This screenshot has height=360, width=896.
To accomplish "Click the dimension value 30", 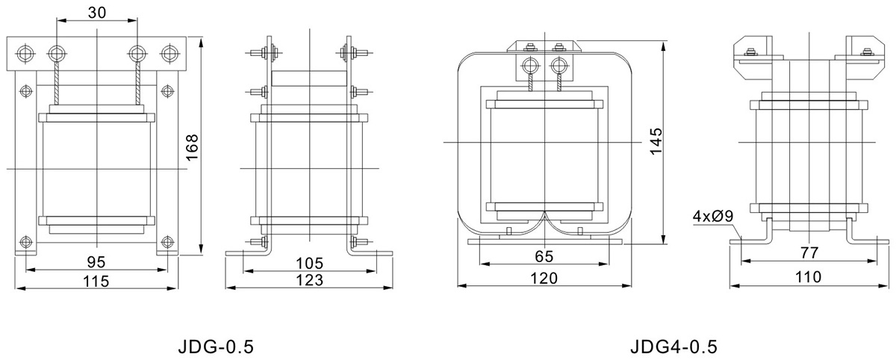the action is click(97, 13).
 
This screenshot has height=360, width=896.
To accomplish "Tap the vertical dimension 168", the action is click(193, 147).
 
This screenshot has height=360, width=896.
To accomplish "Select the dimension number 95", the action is click(96, 262).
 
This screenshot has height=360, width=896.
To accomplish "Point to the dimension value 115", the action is click(96, 281).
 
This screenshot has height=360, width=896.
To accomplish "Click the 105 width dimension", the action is click(309, 263).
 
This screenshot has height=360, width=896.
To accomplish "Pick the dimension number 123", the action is click(309, 280).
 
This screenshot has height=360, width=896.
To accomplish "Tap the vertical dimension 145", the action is click(656, 142).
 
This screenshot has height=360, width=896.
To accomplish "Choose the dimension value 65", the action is click(544, 256).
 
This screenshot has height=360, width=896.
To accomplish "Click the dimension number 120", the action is click(544, 278).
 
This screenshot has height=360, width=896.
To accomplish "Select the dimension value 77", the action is click(809, 252).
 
